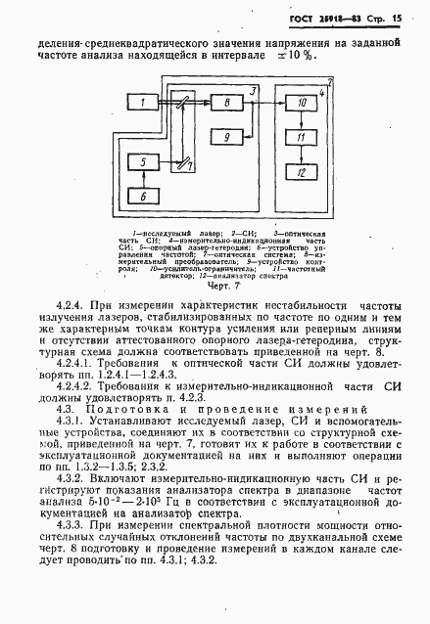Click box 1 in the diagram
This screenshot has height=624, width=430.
[x=144, y=103]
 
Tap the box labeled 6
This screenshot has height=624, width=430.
[x=144, y=197]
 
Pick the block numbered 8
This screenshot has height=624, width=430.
[x=226, y=103]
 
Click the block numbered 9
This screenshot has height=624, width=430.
[x=226, y=138]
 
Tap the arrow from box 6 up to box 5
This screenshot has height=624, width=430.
[x=144, y=181]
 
